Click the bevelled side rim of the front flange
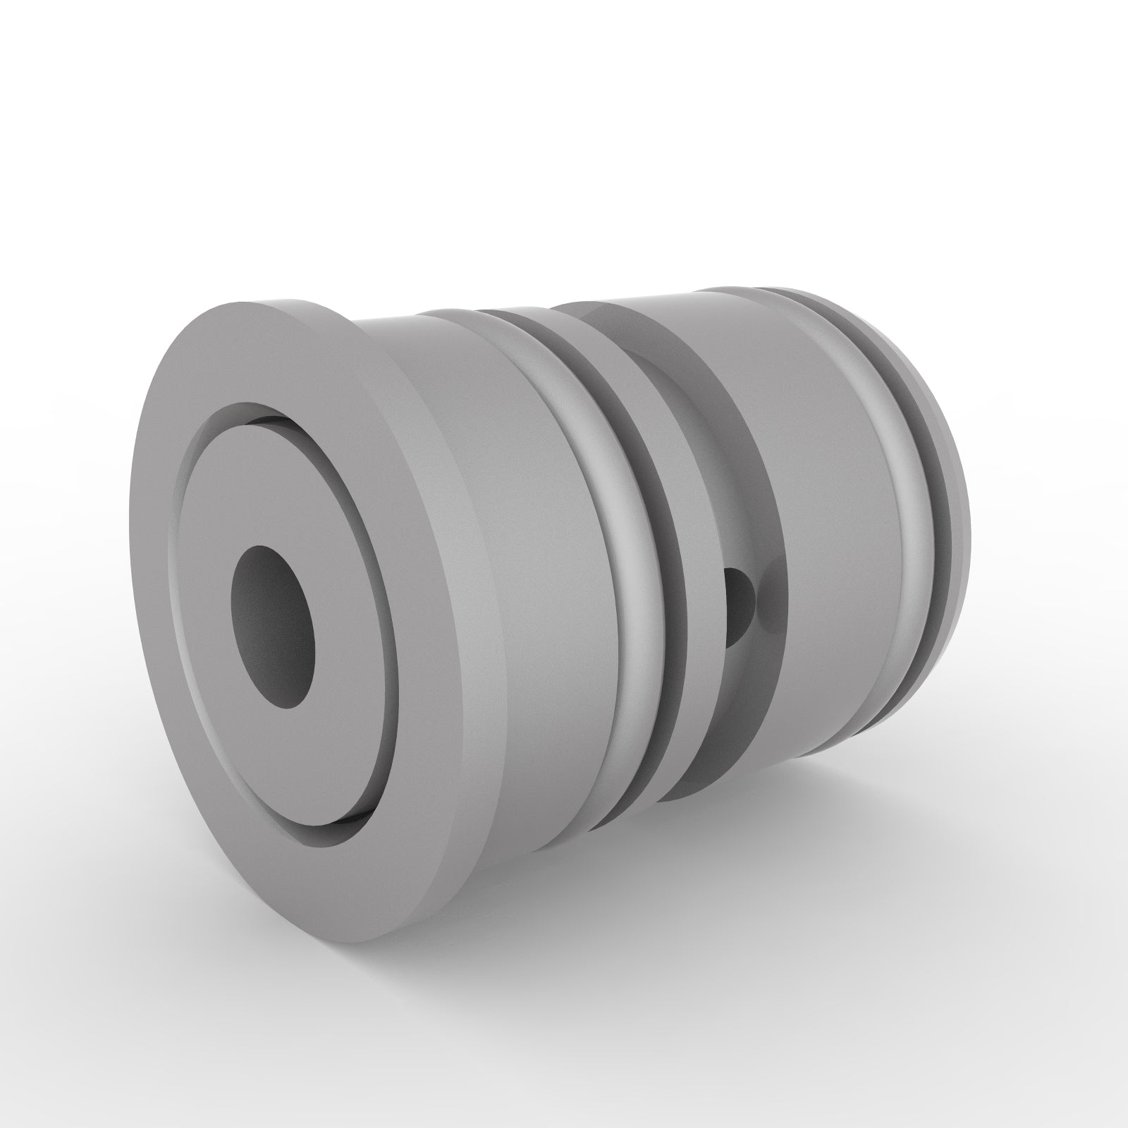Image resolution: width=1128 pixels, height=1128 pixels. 451,564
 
